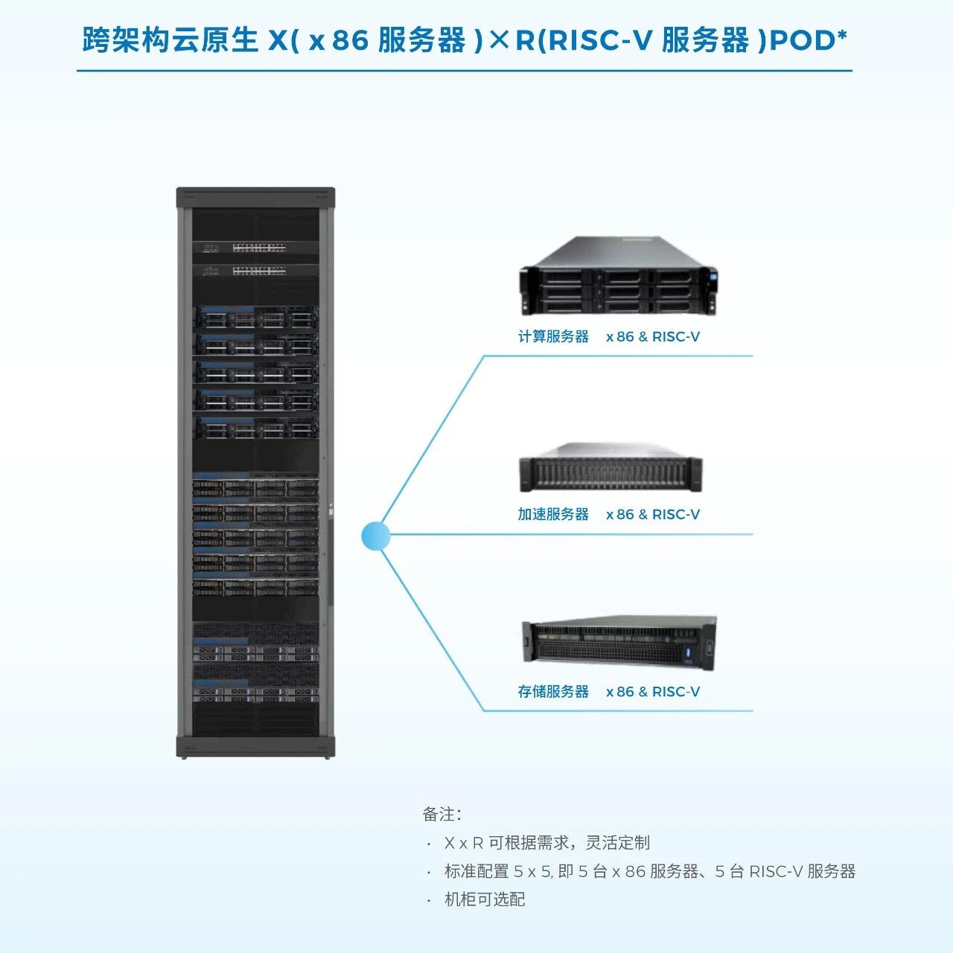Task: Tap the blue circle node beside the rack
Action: tap(375, 535)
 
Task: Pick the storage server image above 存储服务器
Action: tap(619, 641)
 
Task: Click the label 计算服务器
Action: tap(553, 337)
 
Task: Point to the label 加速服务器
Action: tap(553, 514)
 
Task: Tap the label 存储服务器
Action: tap(553, 692)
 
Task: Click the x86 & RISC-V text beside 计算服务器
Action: tap(653, 337)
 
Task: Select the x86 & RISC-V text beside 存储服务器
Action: tap(653, 692)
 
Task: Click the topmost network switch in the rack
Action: tap(255, 248)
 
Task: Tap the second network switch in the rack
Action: tap(255, 271)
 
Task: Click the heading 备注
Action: tap(442, 814)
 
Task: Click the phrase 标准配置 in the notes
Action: tap(476, 871)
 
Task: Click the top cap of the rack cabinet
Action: tap(255, 197)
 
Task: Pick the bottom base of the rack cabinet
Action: tap(255, 746)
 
